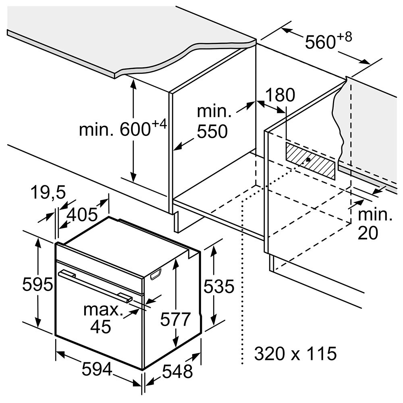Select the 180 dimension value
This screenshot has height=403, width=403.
coord(280,95)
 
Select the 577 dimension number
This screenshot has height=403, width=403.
coord(175,320)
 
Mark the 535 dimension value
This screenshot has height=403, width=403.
coord(219,286)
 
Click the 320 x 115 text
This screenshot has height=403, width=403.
coord(295,353)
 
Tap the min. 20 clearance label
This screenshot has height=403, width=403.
coord(375,224)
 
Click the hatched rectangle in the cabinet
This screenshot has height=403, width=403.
coord(310,161)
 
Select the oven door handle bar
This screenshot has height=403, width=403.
coord(95,285)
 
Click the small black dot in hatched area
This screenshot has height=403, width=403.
coord(307,159)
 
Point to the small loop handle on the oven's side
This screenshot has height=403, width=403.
coord(156,274)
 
